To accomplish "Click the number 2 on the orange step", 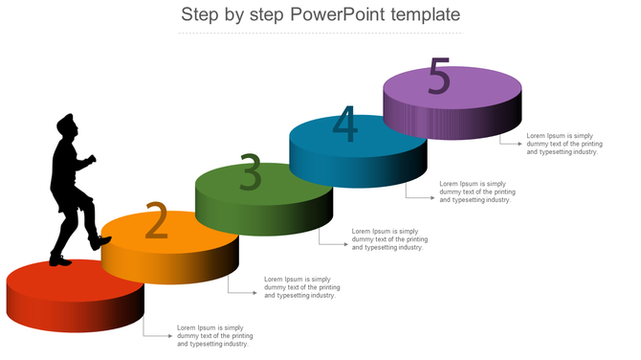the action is (x=157, y=220).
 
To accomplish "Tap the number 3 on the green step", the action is (x=251, y=171).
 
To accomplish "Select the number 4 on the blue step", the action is (x=345, y=124).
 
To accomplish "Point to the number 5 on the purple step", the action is (x=439, y=76).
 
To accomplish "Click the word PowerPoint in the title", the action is (x=338, y=14).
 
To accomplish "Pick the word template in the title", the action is (x=426, y=15).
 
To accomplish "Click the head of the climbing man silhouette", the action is (x=67, y=124).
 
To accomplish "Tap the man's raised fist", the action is (x=92, y=159).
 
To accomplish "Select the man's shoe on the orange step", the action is (x=99, y=242).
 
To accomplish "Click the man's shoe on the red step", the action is (x=60, y=260).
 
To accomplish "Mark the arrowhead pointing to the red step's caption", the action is (x=170, y=336).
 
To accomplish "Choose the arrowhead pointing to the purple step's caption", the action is (x=519, y=144).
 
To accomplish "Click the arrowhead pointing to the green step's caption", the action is (x=345, y=244).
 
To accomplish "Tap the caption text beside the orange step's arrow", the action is (x=302, y=287).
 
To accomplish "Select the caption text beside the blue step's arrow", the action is (x=477, y=191).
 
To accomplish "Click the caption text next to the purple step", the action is (x=564, y=144).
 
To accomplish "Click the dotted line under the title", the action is (x=320, y=33).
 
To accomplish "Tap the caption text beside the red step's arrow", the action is (x=215, y=336).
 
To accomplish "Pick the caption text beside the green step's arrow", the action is (x=389, y=239).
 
